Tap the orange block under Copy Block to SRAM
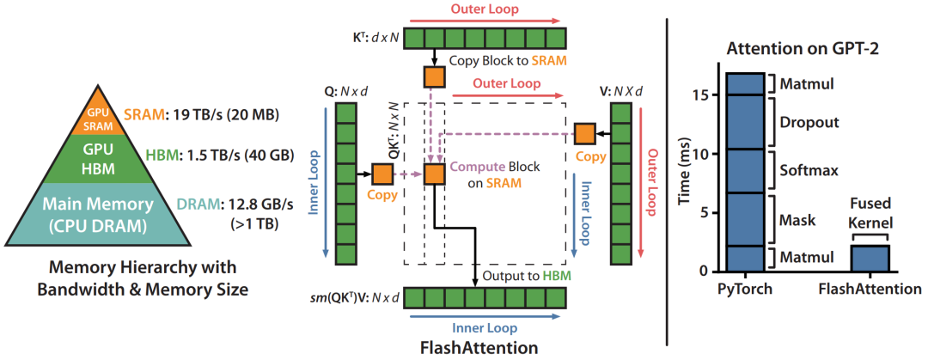[x=433, y=76]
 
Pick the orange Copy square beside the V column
[x=584, y=133]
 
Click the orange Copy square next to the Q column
[x=382, y=174]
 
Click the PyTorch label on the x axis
[x=742, y=290]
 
